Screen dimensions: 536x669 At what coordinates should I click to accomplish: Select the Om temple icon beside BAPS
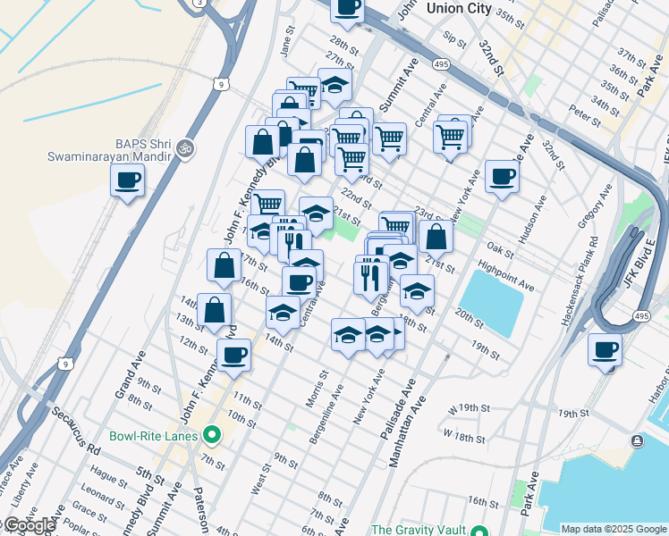[185, 148]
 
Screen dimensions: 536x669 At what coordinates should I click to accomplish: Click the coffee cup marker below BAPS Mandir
[127, 181]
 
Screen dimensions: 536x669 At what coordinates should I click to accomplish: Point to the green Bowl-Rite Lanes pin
[212, 436]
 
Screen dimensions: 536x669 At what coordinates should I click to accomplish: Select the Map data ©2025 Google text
[614, 529]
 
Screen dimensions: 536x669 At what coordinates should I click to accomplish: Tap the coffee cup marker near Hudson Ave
[503, 177]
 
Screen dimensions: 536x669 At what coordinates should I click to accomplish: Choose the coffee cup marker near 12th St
[233, 355]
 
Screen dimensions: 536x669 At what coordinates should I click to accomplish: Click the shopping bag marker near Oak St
[436, 238]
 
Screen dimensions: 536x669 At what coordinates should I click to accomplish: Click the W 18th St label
[463, 439]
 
